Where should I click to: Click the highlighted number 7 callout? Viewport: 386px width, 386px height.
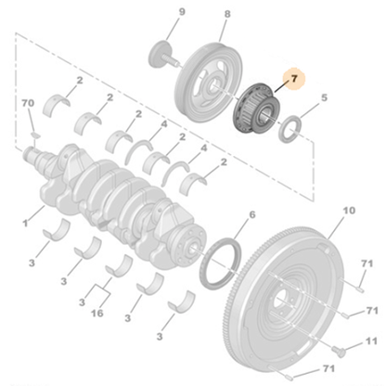(x=294, y=81)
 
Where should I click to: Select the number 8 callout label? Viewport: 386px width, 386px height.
(x=226, y=14)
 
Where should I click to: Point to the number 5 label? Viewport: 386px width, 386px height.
(x=324, y=96)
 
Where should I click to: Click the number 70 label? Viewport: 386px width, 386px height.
(x=28, y=101)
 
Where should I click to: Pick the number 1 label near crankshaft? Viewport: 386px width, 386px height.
(x=27, y=223)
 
